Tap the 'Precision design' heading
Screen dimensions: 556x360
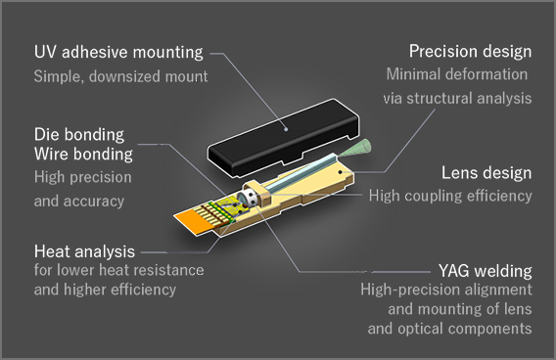[x=470, y=51]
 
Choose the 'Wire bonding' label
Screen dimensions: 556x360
[x=82, y=154]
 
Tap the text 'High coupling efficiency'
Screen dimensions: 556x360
[x=450, y=196]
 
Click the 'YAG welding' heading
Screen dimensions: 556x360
[x=485, y=270]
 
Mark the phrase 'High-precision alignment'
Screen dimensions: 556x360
[x=445, y=290]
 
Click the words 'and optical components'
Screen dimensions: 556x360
[x=449, y=329]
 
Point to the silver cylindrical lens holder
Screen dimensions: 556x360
[x=254, y=200]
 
